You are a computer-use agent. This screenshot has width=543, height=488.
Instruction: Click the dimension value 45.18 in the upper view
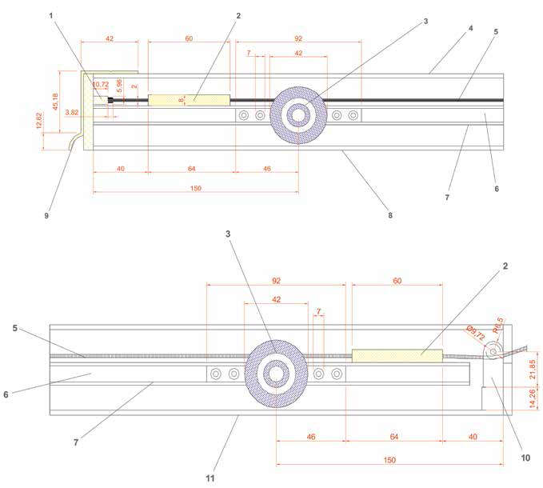click(55, 102)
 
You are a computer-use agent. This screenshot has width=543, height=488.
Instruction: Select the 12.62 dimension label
click(39, 121)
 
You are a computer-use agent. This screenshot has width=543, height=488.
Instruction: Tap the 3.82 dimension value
click(72, 113)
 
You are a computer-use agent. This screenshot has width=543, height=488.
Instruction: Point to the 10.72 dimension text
click(101, 85)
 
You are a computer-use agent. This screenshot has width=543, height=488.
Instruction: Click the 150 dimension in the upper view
click(196, 189)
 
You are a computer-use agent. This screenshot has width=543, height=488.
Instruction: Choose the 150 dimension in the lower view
click(389, 460)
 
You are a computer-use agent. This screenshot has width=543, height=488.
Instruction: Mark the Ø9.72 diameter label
click(475, 333)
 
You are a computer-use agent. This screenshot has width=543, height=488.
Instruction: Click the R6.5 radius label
click(498, 326)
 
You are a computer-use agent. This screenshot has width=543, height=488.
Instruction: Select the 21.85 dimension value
click(533, 370)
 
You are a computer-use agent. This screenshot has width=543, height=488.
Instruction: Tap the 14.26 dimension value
click(533, 398)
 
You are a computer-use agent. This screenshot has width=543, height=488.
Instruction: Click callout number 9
click(46, 215)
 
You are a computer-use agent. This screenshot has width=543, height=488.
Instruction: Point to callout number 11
click(210, 478)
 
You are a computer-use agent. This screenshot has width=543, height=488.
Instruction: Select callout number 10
click(525, 458)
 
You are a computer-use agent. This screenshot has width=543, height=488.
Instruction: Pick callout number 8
click(390, 215)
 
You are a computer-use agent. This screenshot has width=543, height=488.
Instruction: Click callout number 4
click(470, 29)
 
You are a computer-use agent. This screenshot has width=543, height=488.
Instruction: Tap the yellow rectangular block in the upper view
click(189, 100)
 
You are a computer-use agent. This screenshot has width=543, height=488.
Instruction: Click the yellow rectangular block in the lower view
click(397, 356)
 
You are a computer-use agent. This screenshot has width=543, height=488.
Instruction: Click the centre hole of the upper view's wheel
click(298, 115)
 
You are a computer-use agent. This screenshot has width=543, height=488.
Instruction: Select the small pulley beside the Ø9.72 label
click(493, 350)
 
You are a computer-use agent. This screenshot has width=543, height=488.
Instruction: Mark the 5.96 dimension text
click(119, 86)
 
